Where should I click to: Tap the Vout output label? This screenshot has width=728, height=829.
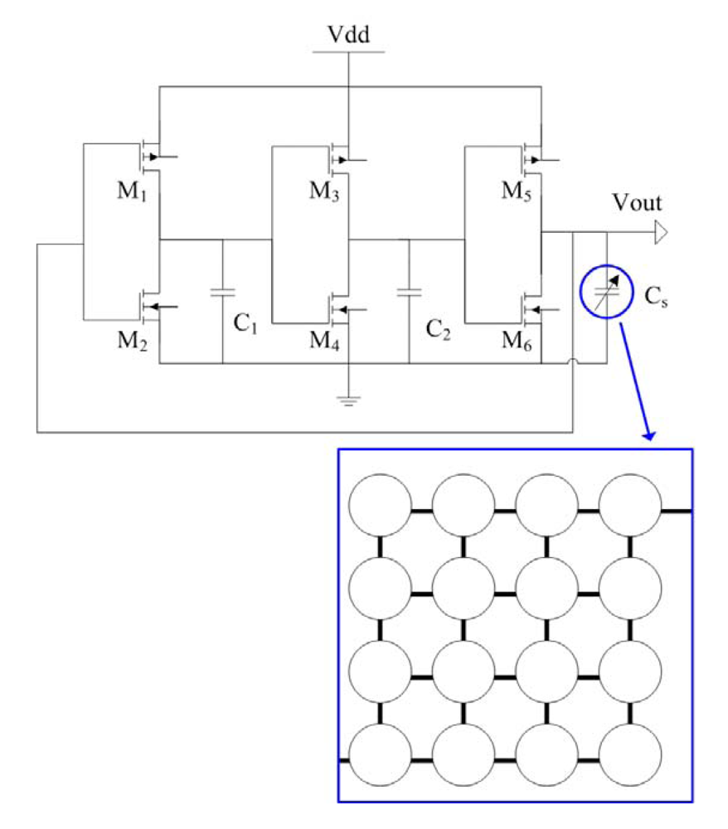[636, 203]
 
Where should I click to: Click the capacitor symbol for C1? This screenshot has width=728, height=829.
[222, 292]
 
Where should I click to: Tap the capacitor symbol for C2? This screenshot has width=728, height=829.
[409, 292]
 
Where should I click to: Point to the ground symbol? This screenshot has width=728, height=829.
[348, 401]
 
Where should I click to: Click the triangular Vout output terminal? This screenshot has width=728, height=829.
[660, 235]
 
